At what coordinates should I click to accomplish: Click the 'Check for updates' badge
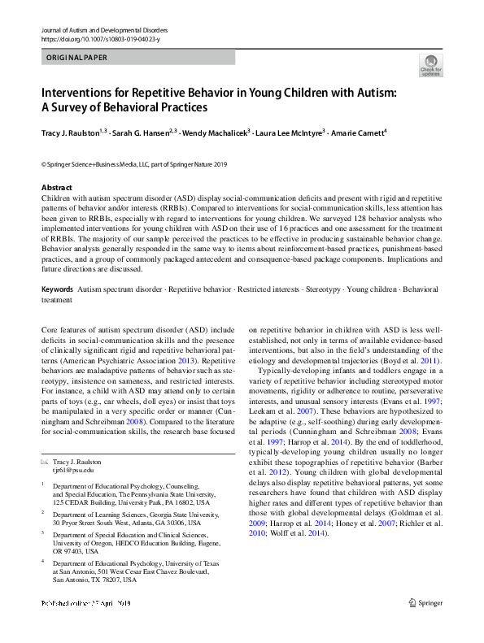(430, 65)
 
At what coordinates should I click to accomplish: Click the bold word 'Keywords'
(57, 289)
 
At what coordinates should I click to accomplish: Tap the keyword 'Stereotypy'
(325, 289)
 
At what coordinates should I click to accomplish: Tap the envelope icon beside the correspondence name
(45, 461)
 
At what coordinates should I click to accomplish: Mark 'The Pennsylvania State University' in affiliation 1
(167, 494)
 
